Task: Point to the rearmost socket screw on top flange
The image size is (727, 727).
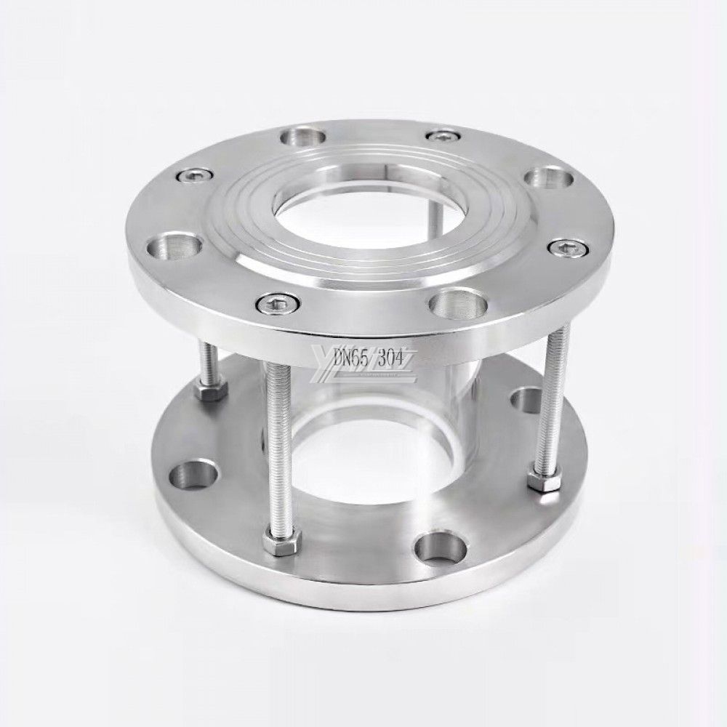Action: [442, 135]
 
